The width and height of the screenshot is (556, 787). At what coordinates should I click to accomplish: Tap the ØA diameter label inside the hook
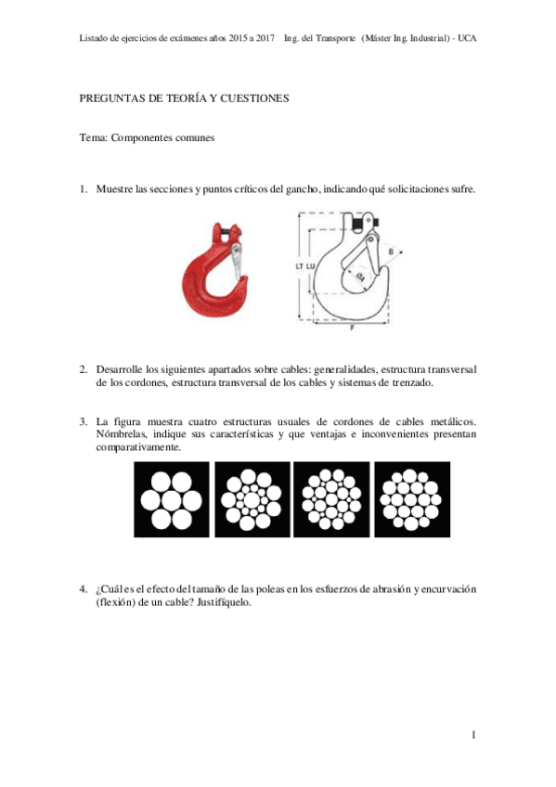[359, 277]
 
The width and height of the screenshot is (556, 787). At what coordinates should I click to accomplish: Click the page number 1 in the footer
[473, 736]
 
